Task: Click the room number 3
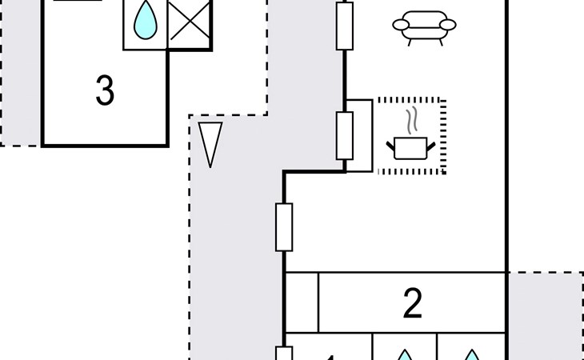click(x=105, y=92)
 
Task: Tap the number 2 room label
click(x=412, y=304)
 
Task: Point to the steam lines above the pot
click(x=411, y=121)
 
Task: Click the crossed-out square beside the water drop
click(x=190, y=25)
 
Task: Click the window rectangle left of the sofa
click(x=345, y=25)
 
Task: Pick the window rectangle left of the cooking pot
click(x=345, y=135)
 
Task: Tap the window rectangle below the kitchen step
click(x=284, y=226)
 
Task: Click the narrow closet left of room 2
click(x=302, y=302)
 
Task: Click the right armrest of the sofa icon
click(x=449, y=24)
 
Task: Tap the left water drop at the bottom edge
click(x=405, y=354)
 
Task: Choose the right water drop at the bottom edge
click(x=472, y=354)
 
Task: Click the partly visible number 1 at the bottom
click(x=328, y=354)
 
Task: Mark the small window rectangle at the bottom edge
click(x=284, y=353)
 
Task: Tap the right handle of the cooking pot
click(x=433, y=144)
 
